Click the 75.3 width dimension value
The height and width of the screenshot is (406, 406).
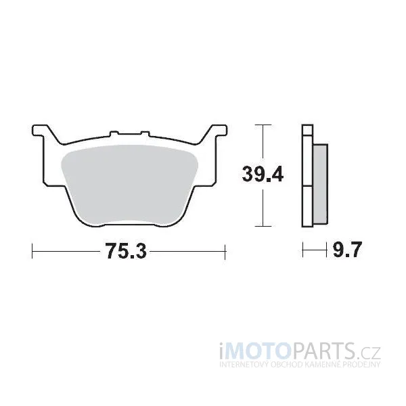click(126, 251)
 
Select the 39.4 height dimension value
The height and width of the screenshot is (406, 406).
click(263, 174)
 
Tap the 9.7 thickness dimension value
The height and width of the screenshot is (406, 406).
click(346, 250)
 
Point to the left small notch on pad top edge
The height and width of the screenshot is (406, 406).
click(113, 133)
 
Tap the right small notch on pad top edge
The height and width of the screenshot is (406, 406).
click(145, 133)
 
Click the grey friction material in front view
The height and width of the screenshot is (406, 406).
click(129, 184)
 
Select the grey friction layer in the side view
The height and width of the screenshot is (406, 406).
click(320, 184)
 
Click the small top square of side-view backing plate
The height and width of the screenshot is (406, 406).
click(307, 130)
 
